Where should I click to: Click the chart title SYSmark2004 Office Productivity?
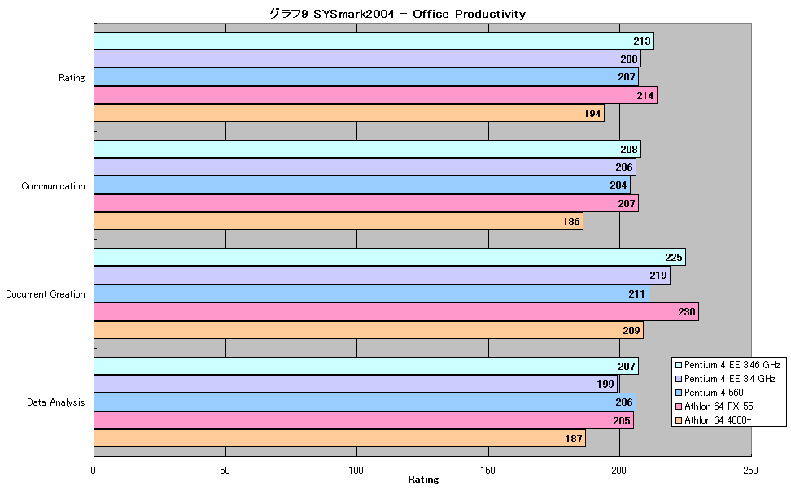(397, 14)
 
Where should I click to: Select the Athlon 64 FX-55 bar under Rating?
(375, 95)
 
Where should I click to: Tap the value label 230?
(687, 312)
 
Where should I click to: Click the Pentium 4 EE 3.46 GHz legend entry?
(728, 365)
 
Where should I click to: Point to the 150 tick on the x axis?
(487, 471)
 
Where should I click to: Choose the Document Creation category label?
(46, 294)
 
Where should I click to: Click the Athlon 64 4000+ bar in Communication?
(339, 221)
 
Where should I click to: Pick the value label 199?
(605, 385)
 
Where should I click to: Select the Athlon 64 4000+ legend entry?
(714, 420)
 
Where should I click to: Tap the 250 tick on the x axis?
(750, 471)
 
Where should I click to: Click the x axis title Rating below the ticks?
(423, 480)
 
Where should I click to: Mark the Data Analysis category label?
(56, 402)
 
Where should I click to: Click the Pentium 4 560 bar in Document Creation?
(371, 294)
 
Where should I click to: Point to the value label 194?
(592, 114)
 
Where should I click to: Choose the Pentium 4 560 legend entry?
(710, 392)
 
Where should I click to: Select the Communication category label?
(53, 186)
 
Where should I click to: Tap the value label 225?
(674, 258)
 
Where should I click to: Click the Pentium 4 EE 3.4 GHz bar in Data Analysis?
(356, 385)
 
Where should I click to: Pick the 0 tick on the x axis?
(94, 471)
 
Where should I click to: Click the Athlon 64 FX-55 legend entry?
(715, 406)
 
